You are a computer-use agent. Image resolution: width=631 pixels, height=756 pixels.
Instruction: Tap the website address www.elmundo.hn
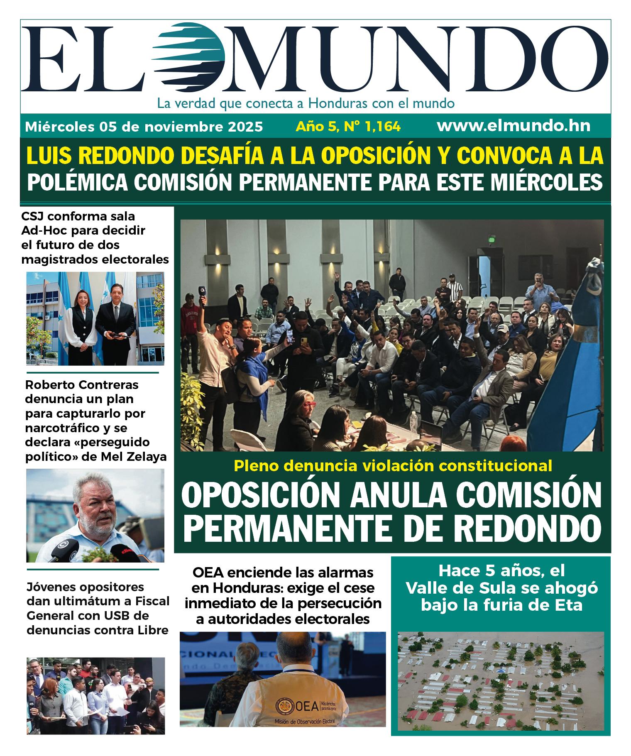coord(513,126)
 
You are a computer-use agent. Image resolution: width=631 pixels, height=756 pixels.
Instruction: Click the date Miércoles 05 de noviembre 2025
coord(144,126)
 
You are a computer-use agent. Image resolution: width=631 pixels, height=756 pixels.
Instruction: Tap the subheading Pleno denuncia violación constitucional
coord(392,465)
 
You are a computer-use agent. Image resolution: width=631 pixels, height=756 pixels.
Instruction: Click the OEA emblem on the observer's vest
coord(285,705)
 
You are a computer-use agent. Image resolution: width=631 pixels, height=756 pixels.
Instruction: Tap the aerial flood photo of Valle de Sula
coord(500,681)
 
